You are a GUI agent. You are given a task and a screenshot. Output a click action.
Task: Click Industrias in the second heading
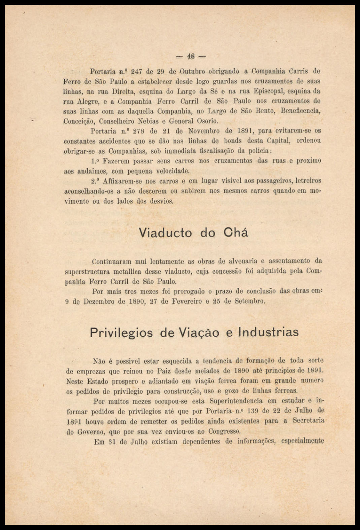tap(268, 332)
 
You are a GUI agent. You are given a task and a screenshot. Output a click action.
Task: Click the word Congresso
tap(224, 432)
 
